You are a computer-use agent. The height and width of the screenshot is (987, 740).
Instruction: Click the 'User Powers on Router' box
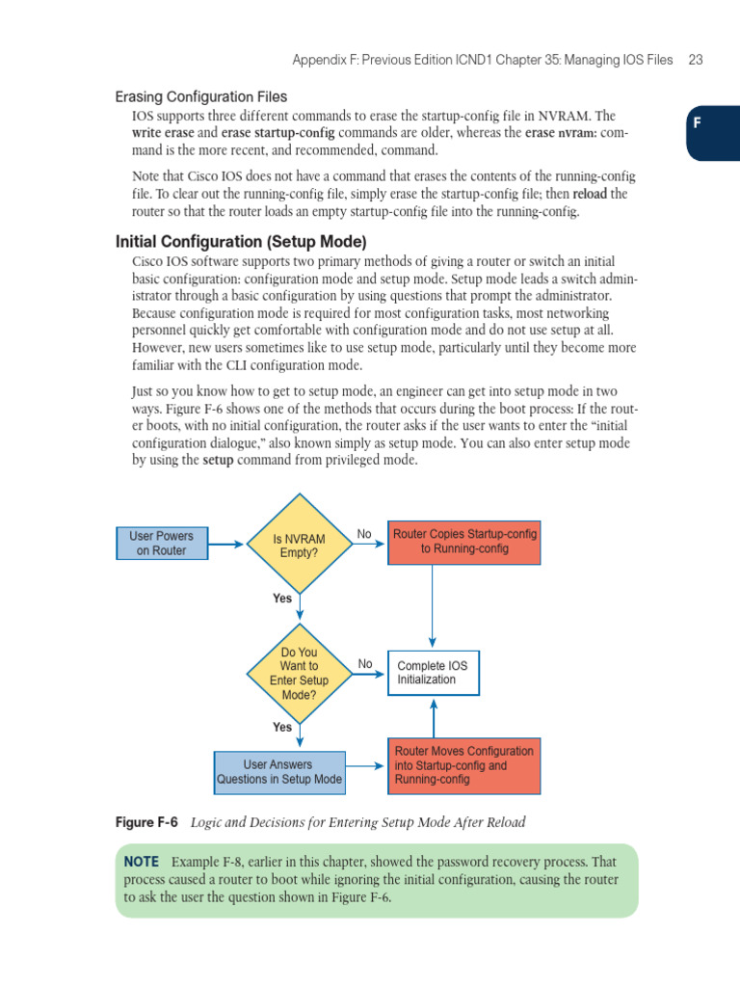[162, 543]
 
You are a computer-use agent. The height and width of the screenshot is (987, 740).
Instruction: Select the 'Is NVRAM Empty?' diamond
[300, 545]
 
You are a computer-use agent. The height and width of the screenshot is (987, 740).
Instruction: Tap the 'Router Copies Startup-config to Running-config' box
[463, 542]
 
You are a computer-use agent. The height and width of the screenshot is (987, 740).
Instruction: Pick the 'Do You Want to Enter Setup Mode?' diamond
[300, 672]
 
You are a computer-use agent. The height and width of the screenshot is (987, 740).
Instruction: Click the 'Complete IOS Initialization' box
[433, 672]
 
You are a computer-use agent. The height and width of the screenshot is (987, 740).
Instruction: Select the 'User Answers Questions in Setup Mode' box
[278, 772]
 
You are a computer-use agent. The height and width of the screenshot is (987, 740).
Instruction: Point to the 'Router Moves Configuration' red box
[463, 765]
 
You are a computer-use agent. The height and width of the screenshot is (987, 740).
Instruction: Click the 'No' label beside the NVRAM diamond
[364, 533]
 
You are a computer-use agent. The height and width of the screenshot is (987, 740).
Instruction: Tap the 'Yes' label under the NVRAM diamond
[281, 599]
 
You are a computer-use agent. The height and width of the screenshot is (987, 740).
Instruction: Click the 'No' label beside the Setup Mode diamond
[364, 663]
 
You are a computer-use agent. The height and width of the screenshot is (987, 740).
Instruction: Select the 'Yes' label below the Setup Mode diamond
[281, 728]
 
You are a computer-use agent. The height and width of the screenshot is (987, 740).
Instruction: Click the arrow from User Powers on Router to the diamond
[226, 545]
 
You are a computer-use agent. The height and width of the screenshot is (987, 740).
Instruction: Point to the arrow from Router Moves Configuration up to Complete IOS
[434, 717]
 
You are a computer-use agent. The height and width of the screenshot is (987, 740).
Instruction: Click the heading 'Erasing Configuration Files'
[200, 96]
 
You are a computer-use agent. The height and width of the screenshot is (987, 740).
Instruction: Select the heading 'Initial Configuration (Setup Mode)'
[241, 241]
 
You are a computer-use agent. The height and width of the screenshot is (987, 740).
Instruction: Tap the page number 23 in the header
[696, 60]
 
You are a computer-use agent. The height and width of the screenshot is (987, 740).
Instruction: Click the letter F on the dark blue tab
[697, 123]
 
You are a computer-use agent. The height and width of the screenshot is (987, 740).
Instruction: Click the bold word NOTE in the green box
[141, 861]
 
